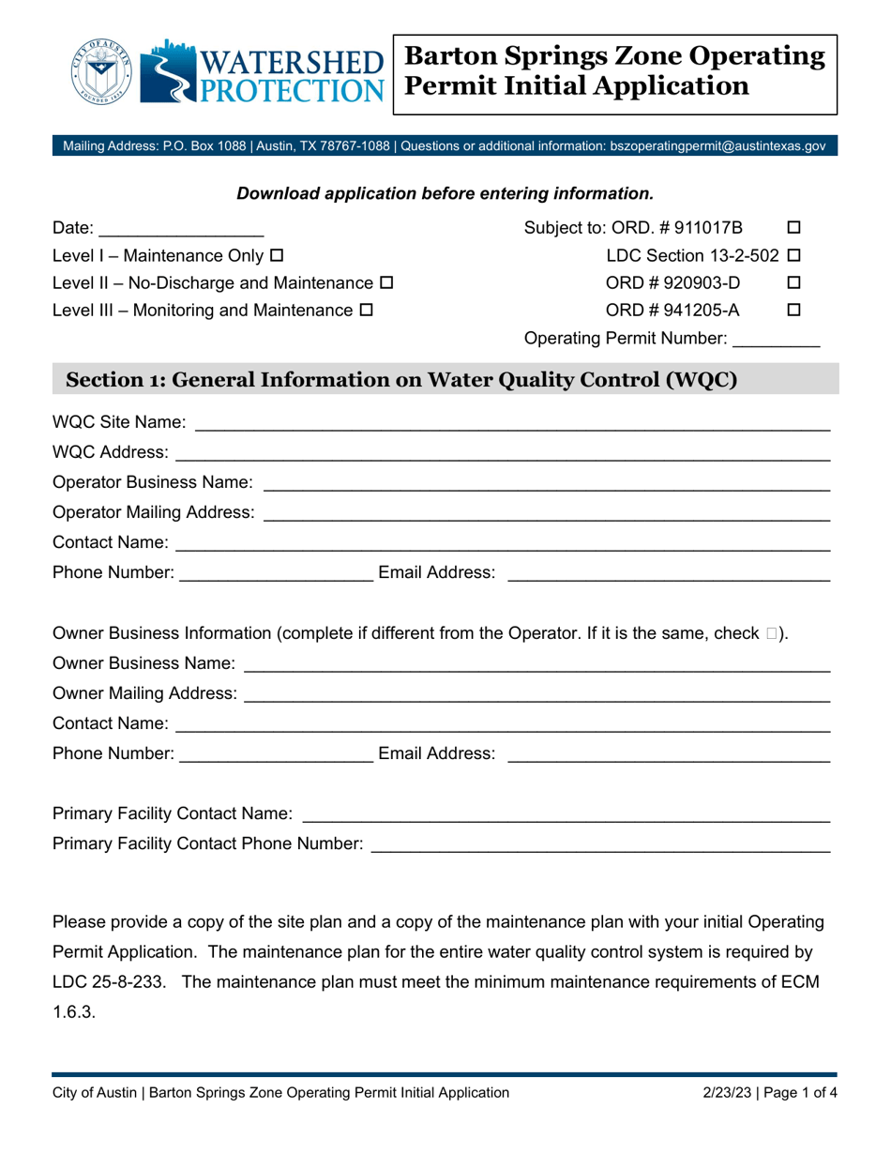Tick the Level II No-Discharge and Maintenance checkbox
(x=386, y=281)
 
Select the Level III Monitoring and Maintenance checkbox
(x=366, y=308)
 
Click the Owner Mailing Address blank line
(x=536, y=694)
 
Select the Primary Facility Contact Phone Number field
(x=600, y=845)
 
